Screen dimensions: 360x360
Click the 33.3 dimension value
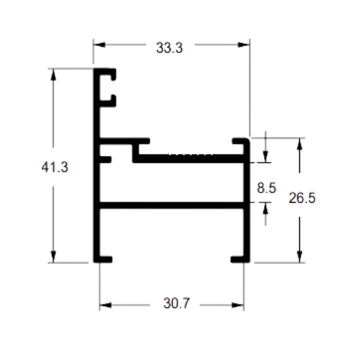tap(169, 48)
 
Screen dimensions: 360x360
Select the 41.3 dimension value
tap(54, 167)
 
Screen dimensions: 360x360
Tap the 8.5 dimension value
tap(267, 188)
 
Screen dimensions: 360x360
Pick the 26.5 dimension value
tap(302, 198)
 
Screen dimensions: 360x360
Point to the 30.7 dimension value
tap(176, 303)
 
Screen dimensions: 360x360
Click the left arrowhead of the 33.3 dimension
tap(99, 45)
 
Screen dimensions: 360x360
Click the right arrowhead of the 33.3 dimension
tap(244, 45)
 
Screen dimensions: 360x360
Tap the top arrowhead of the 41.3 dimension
tap(53, 74)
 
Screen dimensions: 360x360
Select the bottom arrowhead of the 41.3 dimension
tap(53, 256)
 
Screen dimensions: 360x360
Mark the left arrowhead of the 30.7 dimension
tap(106, 305)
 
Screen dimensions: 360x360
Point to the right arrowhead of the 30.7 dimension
tap(238, 305)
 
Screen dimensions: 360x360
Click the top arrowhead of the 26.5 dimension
tap(299, 144)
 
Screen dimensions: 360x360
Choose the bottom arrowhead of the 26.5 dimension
tap(299, 256)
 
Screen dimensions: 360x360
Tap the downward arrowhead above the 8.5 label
tap(265, 157)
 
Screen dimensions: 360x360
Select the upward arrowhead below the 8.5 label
tap(265, 208)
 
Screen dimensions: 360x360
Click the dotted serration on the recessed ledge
tap(191, 154)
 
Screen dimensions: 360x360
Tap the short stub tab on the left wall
tap(106, 160)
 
